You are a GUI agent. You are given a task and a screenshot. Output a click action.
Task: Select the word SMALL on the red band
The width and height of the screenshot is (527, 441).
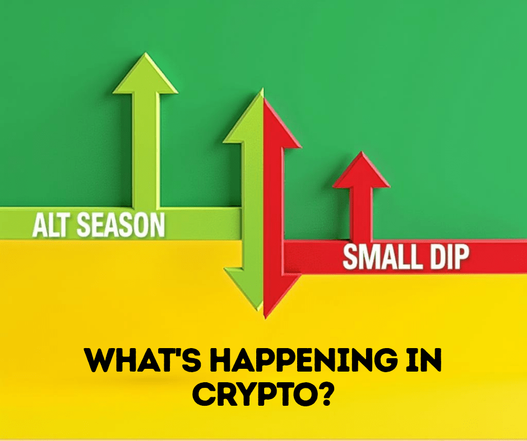click(x=381, y=257)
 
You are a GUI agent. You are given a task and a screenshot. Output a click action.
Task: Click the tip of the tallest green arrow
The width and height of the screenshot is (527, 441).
click(x=146, y=53)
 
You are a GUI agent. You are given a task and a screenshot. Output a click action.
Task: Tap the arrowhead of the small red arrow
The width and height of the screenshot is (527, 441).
click(x=361, y=170)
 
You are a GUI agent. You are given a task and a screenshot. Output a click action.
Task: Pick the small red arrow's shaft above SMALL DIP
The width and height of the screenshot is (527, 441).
click(x=361, y=213)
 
